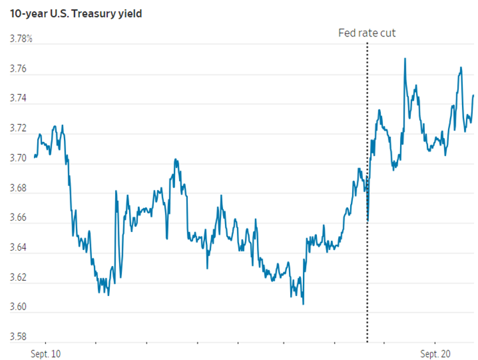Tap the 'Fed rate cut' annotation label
pyautogui.click(x=367, y=33)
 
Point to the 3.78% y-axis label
pyautogui.click(x=21, y=40)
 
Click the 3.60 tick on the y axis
pyautogui.click(x=19, y=307)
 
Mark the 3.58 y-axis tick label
pyautogui.click(x=19, y=336)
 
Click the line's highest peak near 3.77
pyautogui.click(x=405, y=59)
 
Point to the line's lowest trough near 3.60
pyautogui.click(x=303, y=304)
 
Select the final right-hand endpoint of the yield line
pyautogui.click(x=473, y=95)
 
